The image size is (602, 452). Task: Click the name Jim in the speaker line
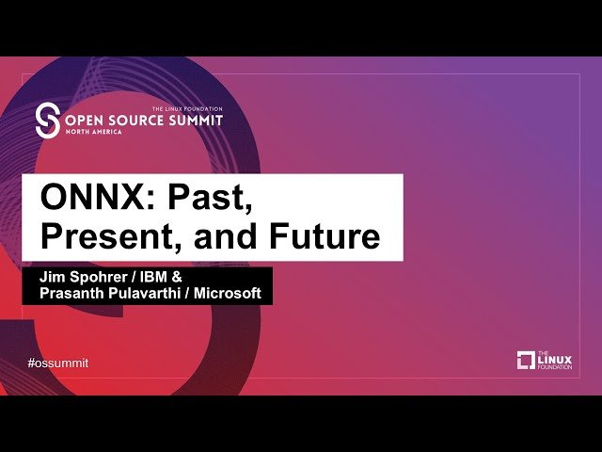(x=52, y=278)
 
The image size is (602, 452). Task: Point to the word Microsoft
(x=228, y=294)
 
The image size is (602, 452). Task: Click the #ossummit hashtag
(x=58, y=363)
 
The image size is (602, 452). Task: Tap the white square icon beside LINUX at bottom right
(x=526, y=360)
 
